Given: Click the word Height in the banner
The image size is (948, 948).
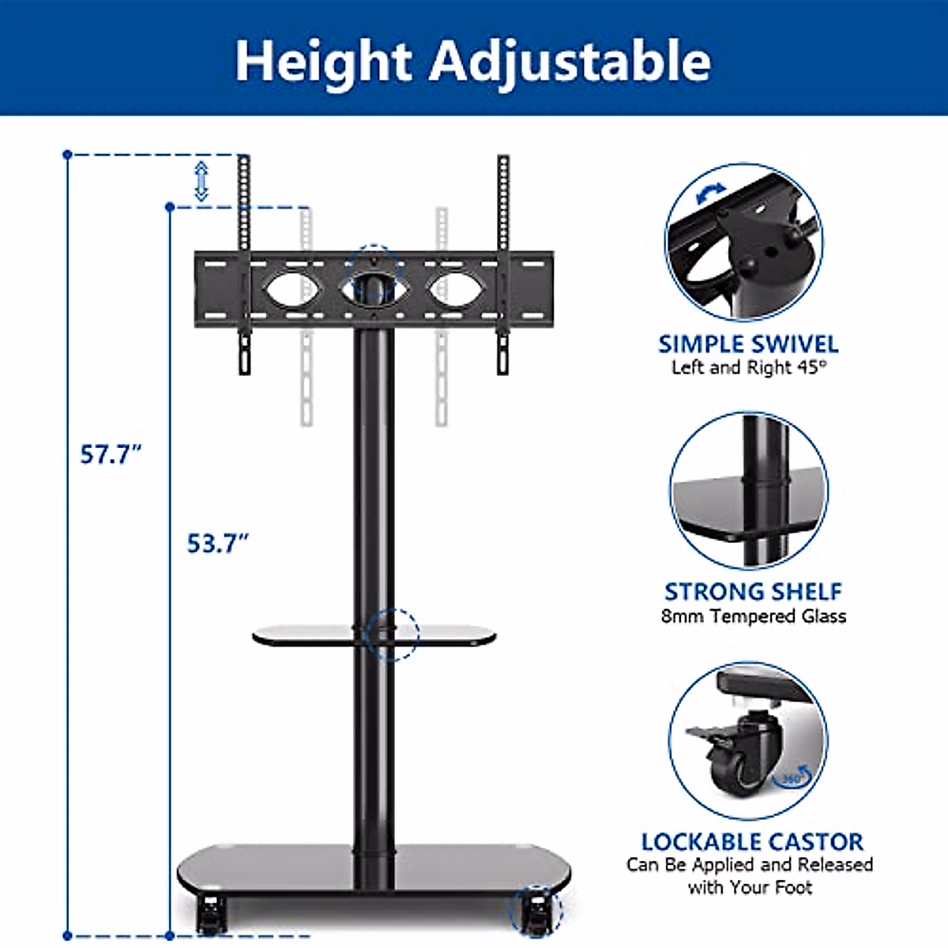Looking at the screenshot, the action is pos(323,61).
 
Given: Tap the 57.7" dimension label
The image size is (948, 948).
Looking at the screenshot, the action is pos(111,453).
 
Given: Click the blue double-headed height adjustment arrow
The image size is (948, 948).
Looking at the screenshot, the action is pos(201,182).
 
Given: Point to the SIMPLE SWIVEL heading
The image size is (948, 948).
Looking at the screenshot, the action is pos(748,344).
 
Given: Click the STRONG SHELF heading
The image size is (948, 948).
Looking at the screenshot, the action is pos(753,592).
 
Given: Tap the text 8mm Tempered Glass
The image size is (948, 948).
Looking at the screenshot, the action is pos(753,616).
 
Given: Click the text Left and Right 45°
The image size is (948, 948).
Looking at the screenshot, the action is pos(749,367).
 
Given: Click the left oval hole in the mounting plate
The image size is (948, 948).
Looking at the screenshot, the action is pos(293,291).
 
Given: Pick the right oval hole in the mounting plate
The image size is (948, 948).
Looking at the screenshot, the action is pos(456,291).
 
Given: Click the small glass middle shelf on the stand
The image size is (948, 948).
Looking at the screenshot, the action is pos(374,636).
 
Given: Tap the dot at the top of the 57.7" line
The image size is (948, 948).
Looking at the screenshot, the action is pos(68,155).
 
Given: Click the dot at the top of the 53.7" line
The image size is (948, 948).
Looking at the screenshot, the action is pos(170,208).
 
